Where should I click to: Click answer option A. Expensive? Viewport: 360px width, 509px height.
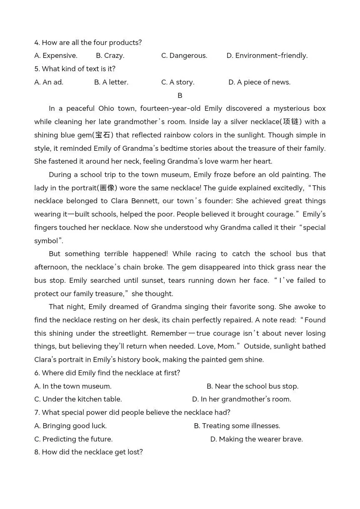(x=56, y=55)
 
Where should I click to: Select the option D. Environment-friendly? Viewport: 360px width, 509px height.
(x=267, y=55)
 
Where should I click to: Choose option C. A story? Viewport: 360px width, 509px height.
(x=178, y=82)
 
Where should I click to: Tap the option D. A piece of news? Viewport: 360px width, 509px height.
(x=259, y=82)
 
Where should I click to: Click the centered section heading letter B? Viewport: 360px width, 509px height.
(x=180, y=95)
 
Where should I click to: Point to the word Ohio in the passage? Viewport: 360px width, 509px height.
(x=109, y=108)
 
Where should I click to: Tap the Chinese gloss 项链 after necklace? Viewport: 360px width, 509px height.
(x=292, y=122)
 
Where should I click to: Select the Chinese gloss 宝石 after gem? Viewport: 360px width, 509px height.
(x=102, y=135)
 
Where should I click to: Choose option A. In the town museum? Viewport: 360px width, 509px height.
(x=73, y=386)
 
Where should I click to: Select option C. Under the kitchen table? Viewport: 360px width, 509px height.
(x=78, y=399)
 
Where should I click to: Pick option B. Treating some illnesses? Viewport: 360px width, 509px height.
(x=237, y=426)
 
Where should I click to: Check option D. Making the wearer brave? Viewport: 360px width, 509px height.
(x=256, y=439)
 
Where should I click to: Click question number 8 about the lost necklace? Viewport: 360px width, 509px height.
(x=88, y=452)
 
